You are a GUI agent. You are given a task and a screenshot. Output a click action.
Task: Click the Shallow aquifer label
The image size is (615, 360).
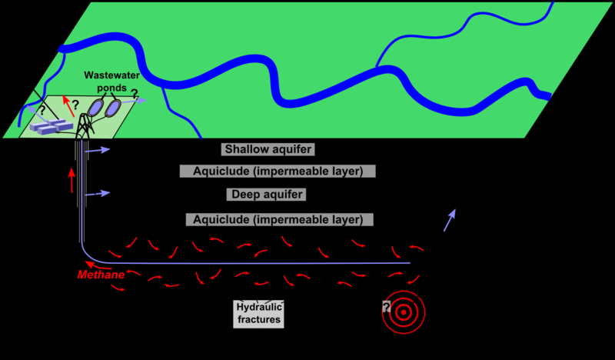(x=268, y=149)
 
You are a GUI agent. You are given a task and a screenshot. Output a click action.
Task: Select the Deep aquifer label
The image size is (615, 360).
(x=266, y=195)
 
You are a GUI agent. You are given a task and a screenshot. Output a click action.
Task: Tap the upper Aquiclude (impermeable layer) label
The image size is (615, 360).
(x=278, y=172)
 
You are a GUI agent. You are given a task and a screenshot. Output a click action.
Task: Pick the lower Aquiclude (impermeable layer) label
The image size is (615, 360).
(x=279, y=219)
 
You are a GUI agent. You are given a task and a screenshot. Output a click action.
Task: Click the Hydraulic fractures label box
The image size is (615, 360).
(x=258, y=314)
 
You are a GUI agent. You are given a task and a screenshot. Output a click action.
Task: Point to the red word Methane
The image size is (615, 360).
(x=101, y=275)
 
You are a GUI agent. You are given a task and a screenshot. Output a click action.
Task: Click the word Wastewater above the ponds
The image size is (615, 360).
(x=111, y=75)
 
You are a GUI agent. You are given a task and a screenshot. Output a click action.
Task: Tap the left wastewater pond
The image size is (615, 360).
(x=95, y=108)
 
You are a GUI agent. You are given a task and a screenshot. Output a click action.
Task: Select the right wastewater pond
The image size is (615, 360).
(x=113, y=108)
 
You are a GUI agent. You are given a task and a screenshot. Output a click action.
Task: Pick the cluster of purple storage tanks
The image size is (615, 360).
(x=52, y=126)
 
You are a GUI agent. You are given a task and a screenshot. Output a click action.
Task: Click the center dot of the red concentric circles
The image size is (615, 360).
(x=403, y=312)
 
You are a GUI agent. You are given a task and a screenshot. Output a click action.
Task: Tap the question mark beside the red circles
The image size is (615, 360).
(x=387, y=307)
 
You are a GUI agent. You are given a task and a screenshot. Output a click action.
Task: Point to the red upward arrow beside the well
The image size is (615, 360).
(x=71, y=181)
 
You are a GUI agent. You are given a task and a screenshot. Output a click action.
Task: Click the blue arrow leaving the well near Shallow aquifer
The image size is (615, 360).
(x=98, y=150)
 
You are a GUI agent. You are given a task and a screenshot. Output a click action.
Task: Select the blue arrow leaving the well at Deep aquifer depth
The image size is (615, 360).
(x=98, y=193)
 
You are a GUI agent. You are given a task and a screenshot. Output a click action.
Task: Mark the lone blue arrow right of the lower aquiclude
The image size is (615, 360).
(x=450, y=220)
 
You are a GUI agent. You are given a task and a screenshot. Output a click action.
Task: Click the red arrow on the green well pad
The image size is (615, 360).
(x=69, y=105)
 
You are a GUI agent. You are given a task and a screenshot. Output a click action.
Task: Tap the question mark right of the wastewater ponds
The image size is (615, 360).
(x=134, y=94)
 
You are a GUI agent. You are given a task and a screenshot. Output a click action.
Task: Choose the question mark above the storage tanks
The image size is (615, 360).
(x=42, y=110)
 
